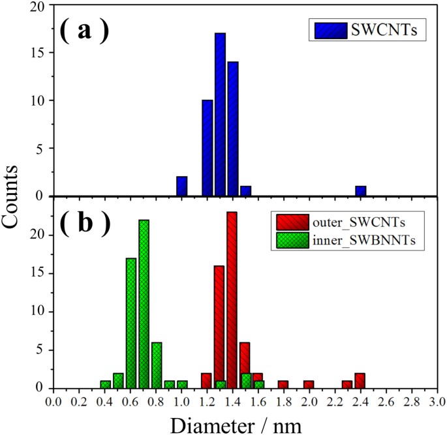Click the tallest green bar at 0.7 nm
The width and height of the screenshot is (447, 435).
[x=144, y=304]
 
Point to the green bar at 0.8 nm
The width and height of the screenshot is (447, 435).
[x=156, y=365]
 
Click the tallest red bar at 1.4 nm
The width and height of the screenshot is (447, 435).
[x=232, y=300]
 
